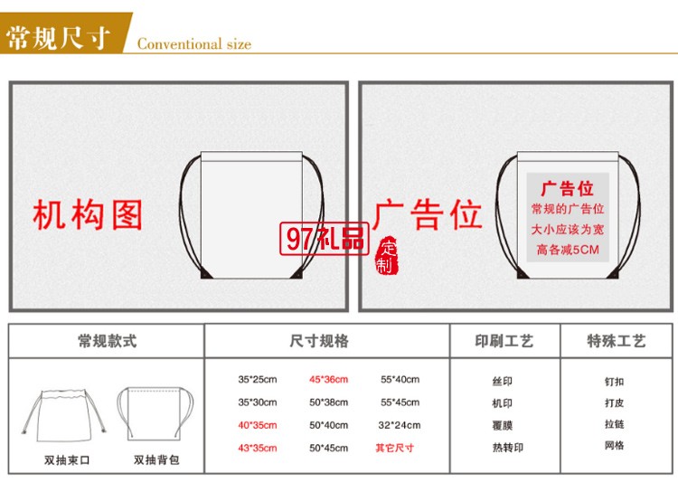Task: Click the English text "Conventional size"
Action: (194, 43)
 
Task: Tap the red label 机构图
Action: (88, 214)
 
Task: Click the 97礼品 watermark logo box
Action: (325, 238)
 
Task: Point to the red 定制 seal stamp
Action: (386, 255)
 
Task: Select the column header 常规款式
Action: (108, 341)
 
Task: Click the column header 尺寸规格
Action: (319, 341)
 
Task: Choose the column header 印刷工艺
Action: (504, 341)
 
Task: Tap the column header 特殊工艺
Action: (617, 341)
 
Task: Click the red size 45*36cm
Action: (329, 380)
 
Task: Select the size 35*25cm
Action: (258, 380)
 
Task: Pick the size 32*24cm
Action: (400, 425)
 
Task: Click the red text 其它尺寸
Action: (395, 448)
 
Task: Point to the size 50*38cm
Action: (329, 402)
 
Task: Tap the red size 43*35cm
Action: (258, 449)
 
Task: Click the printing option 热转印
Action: (508, 448)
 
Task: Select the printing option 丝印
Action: (502, 382)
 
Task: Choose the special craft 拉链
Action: (615, 424)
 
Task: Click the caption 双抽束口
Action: (67, 460)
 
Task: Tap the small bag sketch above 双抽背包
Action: (155, 414)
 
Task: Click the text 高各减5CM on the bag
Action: (568, 250)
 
